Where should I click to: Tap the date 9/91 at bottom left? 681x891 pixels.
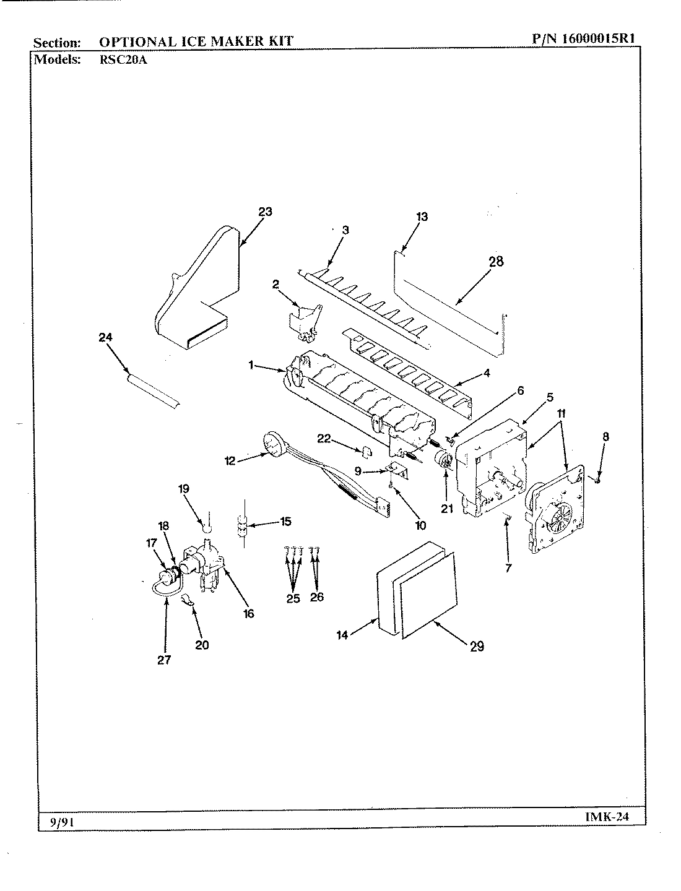point(59,821)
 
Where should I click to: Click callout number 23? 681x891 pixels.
point(265,212)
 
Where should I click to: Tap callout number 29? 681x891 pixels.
point(476,647)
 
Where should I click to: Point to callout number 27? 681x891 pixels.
point(163,659)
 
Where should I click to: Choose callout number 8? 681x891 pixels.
point(605,436)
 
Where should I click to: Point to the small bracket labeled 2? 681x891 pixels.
point(301,322)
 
